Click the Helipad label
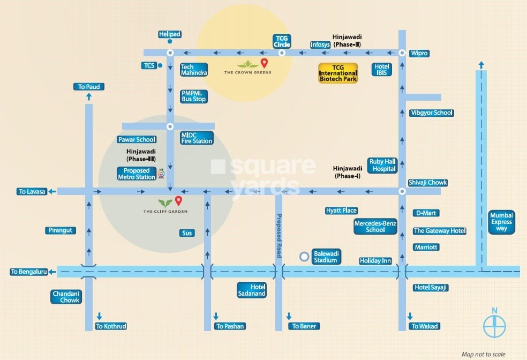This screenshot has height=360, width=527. [170, 34]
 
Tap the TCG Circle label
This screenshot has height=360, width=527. [282, 41]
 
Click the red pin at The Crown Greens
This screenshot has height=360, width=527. [263, 63]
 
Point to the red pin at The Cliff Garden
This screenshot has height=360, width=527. [178, 201]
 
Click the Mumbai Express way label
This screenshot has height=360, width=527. [502, 222]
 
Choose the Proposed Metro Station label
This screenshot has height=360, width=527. [137, 174]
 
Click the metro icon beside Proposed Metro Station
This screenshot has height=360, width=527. [161, 174]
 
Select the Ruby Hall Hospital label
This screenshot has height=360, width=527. [382, 165]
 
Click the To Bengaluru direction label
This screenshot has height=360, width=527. [29, 272]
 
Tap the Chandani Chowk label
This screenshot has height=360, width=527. [66, 297]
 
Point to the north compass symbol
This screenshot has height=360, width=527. [495, 325]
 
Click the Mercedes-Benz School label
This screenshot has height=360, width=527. [375, 227]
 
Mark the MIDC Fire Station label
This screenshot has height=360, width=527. [197, 138]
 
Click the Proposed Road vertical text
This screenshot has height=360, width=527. [278, 236]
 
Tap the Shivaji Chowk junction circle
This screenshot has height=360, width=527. [402, 191]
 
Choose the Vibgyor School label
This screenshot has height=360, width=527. [431, 113]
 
